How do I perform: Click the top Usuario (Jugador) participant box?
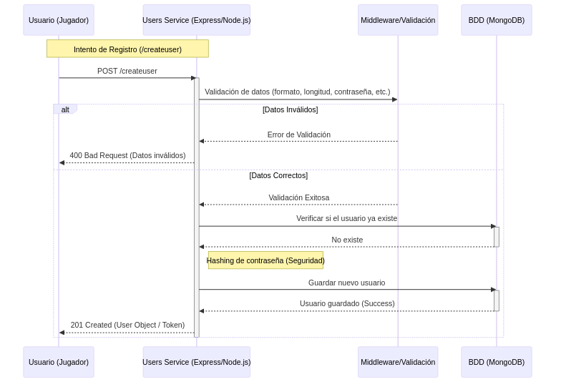point(59,20)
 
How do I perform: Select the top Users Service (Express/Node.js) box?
point(196,20)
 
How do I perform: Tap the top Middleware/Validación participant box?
point(398,20)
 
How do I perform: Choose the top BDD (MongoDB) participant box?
point(496,20)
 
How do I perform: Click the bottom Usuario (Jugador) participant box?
point(59,362)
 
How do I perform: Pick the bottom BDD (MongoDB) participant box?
point(496,362)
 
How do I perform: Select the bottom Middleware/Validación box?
point(398,362)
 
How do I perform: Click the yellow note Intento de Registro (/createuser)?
point(127,49)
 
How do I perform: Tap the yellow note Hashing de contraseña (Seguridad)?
point(265,260)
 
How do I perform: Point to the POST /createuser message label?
point(127,71)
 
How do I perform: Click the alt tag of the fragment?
point(65,109)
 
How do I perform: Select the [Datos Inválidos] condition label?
point(290,109)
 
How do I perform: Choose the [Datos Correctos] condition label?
point(278,175)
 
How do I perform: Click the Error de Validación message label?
point(298,134)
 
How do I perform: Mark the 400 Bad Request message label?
point(127,155)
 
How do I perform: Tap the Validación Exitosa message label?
point(298,197)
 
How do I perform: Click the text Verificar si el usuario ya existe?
point(346,218)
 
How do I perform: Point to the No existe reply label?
point(347,240)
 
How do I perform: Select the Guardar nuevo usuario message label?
point(346,283)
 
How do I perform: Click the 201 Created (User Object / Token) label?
point(127,325)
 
